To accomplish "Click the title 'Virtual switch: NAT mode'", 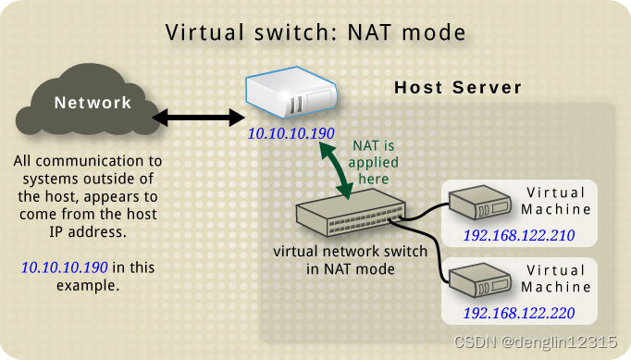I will (315, 32).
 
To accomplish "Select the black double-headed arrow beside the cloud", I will (196, 118).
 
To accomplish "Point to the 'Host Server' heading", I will (458, 88).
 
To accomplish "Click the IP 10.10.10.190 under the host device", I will (291, 134).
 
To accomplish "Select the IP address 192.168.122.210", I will (519, 236).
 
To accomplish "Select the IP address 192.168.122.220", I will (519, 314).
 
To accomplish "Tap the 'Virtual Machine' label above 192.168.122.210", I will (557, 201).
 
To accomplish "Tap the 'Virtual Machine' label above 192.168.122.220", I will (557, 279).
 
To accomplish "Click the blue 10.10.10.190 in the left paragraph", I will (63, 267).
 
